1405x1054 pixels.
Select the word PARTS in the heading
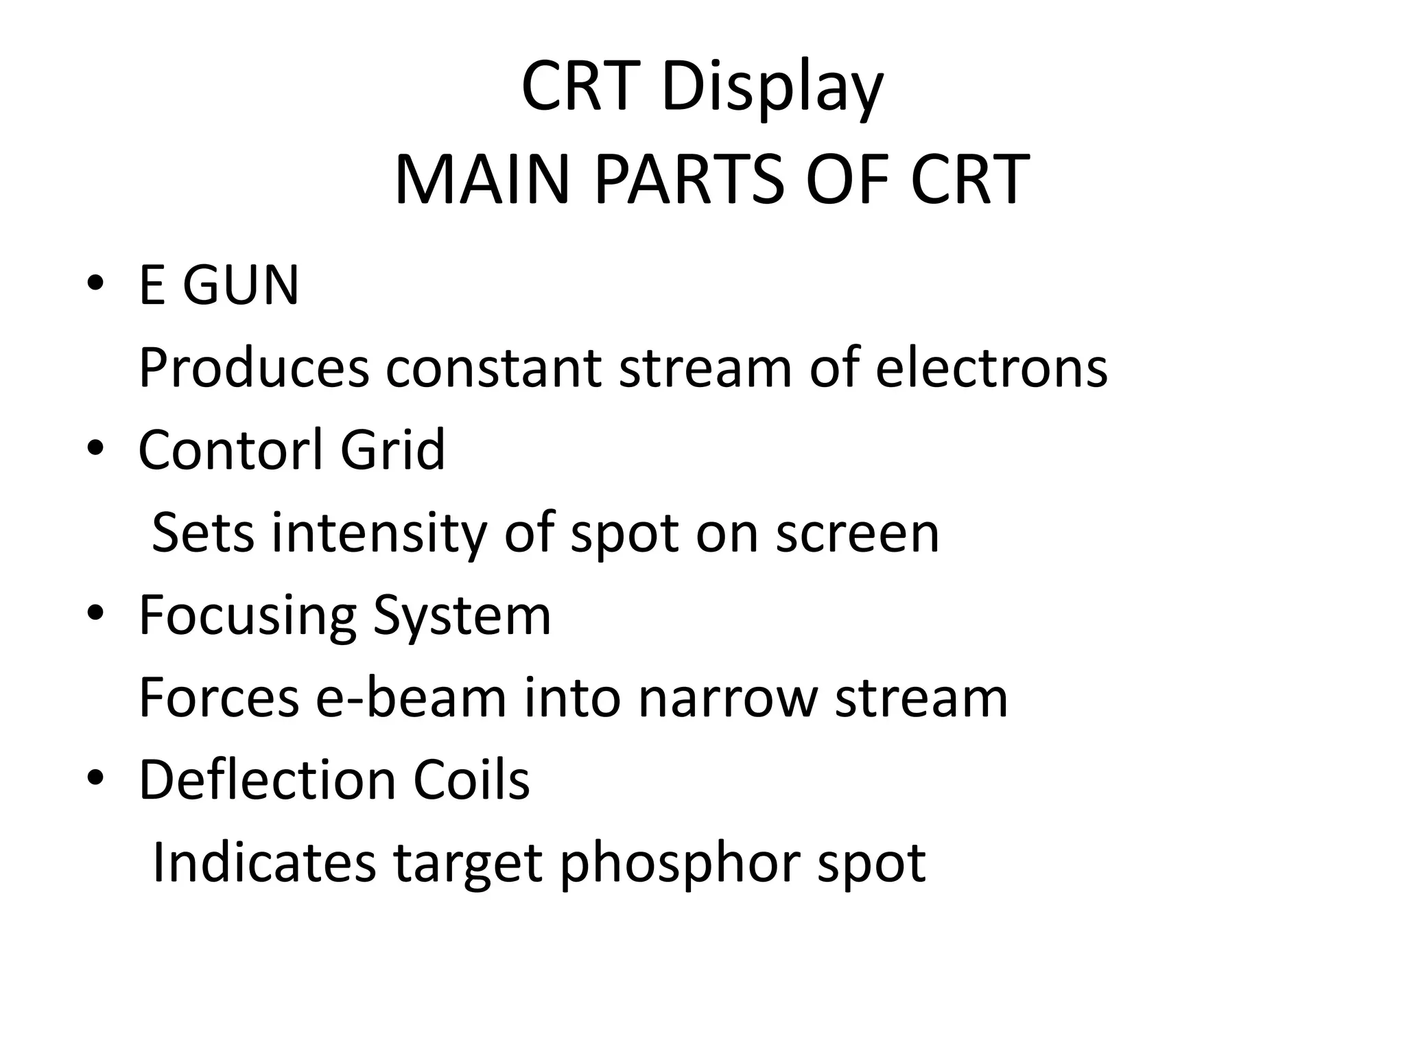[688, 180]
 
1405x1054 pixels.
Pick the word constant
[493, 368]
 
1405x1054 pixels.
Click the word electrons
[991, 368]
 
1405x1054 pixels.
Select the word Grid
[392, 449]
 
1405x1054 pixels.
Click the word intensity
[379, 533]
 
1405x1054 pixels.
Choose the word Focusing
[248, 616]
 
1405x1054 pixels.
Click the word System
[461, 616]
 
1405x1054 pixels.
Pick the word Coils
[471, 780]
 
